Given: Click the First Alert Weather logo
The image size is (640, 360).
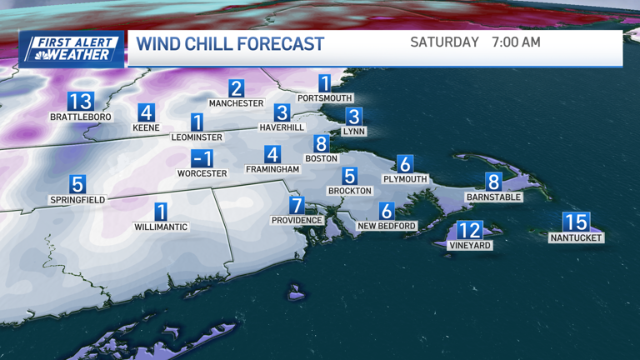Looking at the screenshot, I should click(72, 48).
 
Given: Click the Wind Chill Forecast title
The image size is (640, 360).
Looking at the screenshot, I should click(230, 44).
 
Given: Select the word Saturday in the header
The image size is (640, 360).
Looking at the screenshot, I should click(444, 42).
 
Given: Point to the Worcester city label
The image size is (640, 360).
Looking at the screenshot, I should click(202, 173).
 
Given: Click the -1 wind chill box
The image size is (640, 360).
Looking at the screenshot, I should click(202, 158).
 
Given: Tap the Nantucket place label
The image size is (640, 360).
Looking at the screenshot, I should click(576, 237).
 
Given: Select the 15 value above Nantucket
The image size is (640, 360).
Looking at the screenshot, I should click(576, 222).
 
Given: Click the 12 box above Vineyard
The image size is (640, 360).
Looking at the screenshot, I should click(470, 231).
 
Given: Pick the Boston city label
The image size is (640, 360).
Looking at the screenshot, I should click(321, 158).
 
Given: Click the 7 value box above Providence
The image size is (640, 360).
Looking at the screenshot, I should click(297, 205).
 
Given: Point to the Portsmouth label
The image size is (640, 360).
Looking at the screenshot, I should click(325, 98).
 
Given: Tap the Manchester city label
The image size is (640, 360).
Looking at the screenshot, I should click(236, 103).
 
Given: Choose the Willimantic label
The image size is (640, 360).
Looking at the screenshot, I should click(161, 227).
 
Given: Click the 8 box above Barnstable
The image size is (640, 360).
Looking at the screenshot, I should click(493, 182).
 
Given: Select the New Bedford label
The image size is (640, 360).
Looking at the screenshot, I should click(386, 226).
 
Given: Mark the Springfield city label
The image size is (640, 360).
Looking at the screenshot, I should click(77, 200).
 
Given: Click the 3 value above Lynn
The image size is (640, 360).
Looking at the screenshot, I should click(354, 117).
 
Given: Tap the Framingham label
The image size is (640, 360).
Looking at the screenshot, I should click(272, 169).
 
